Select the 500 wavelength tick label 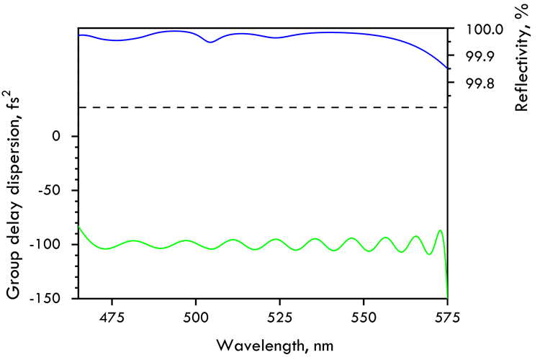195,317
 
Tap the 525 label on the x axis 279,317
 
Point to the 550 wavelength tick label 364,317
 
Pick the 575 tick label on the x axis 447,317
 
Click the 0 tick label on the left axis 63,136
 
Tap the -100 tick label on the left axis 52,244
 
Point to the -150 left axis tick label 52,297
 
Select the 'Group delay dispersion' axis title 14,194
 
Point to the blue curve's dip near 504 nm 210,42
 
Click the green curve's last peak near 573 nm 440,230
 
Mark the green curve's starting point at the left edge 78,227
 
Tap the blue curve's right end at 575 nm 447,69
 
